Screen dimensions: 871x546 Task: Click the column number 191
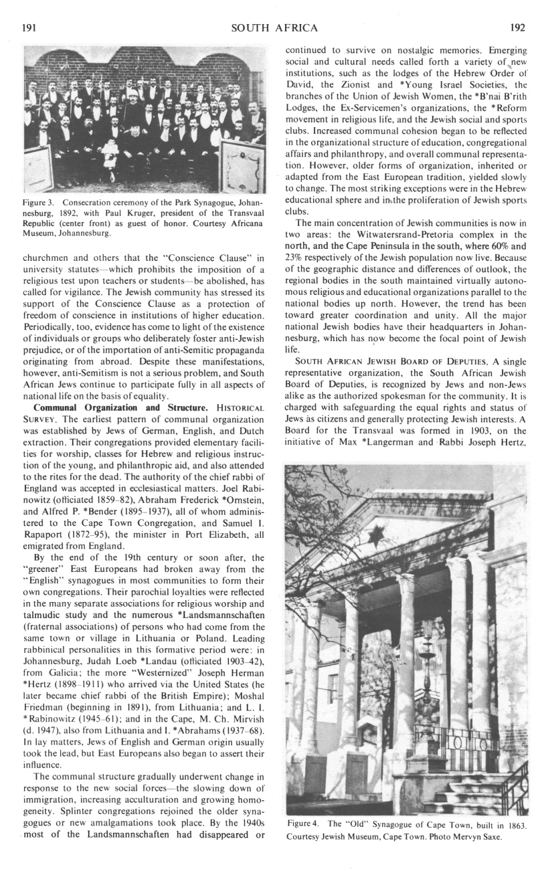pyautogui.click(x=29, y=27)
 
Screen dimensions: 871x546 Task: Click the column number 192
pyautogui.click(x=517, y=27)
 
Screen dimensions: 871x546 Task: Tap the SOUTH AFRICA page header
pyautogui.click(x=274, y=27)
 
